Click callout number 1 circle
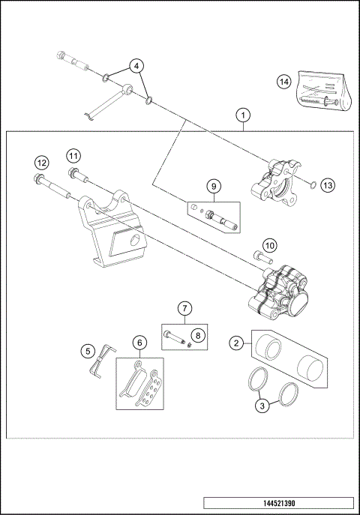click(x=241, y=115)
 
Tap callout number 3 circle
click(x=261, y=406)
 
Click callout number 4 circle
click(x=136, y=66)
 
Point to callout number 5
click(x=88, y=350)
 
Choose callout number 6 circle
click(x=139, y=343)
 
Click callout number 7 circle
click(x=185, y=307)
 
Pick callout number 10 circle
click(x=269, y=244)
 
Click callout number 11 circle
click(x=72, y=156)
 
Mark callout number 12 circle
click(x=42, y=163)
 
